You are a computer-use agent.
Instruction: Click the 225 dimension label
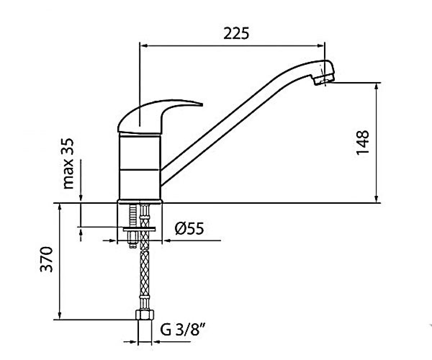pyautogui.click(x=236, y=33)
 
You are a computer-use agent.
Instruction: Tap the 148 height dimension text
pyautogui.click(x=363, y=143)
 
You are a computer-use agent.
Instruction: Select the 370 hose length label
pyautogui.click(x=46, y=260)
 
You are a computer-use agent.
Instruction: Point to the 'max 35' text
pyautogui.click(x=68, y=164)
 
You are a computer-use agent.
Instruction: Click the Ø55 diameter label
pyautogui.click(x=189, y=229)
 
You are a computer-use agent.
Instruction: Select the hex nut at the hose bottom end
pyautogui.click(x=145, y=315)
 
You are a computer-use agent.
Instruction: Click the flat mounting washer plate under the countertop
pyautogui.click(x=139, y=229)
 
